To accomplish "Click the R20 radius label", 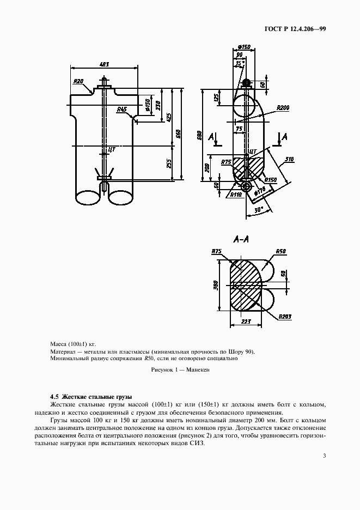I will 78,81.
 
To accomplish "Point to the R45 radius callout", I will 121,110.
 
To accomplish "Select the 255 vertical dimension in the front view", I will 169,162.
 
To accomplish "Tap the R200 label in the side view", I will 283,107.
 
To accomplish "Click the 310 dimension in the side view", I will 289,159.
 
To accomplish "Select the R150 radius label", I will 271,179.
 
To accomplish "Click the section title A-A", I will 241,239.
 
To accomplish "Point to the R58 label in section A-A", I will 281,251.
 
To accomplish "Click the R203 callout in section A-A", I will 284,316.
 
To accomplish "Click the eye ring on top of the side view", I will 246,83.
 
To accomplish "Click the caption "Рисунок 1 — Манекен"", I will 180,369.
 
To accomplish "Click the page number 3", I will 324,456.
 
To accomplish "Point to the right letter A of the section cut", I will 283,137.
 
